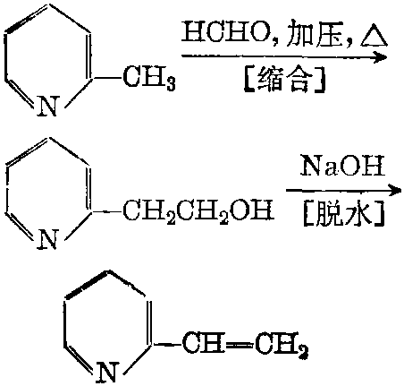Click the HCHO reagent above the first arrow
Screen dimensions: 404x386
coord(225,34)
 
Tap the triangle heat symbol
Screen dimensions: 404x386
coord(374,38)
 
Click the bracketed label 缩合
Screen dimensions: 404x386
coord(284,79)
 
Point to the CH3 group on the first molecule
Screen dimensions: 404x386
coord(149,78)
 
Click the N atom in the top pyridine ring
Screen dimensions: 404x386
coord(47,106)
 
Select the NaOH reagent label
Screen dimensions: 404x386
coord(341,165)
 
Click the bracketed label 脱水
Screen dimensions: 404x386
coord(342,214)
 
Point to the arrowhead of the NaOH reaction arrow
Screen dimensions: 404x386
coord(393,190)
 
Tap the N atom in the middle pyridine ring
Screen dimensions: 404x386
coord(47,239)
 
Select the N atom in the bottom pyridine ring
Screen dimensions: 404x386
coord(106,372)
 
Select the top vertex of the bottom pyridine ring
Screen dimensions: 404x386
coord(108,270)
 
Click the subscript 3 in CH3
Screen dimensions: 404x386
coord(171,84)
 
